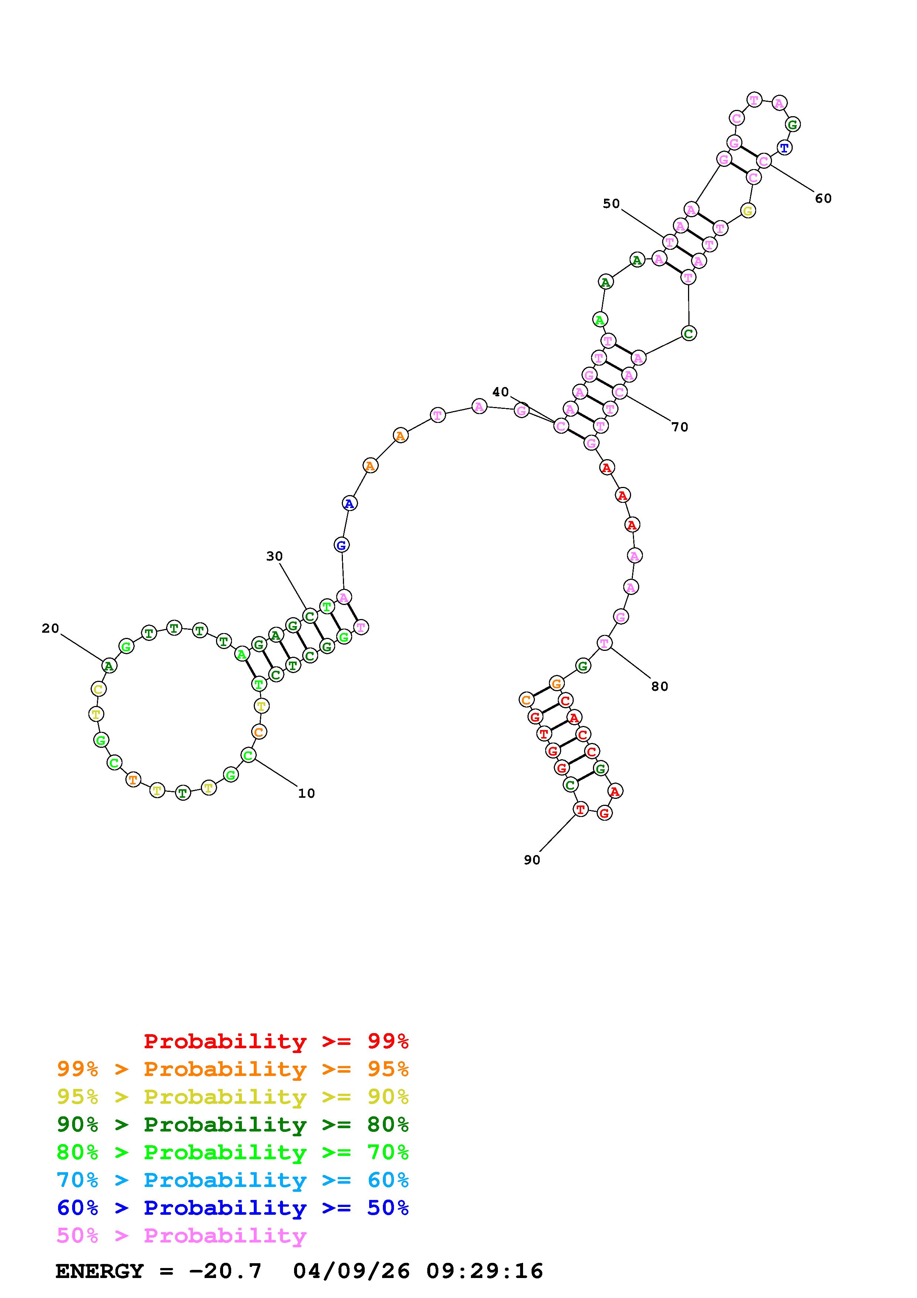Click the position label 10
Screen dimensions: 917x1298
click(306, 793)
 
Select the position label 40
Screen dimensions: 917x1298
click(500, 392)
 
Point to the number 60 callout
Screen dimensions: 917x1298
click(823, 198)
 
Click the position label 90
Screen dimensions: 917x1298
click(532, 860)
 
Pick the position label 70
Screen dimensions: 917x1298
click(680, 427)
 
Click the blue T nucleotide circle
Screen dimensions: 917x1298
click(784, 148)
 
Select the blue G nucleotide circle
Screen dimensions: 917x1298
click(341, 545)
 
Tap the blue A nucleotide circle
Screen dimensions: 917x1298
click(350, 503)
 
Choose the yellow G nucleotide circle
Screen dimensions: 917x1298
click(748, 211)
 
